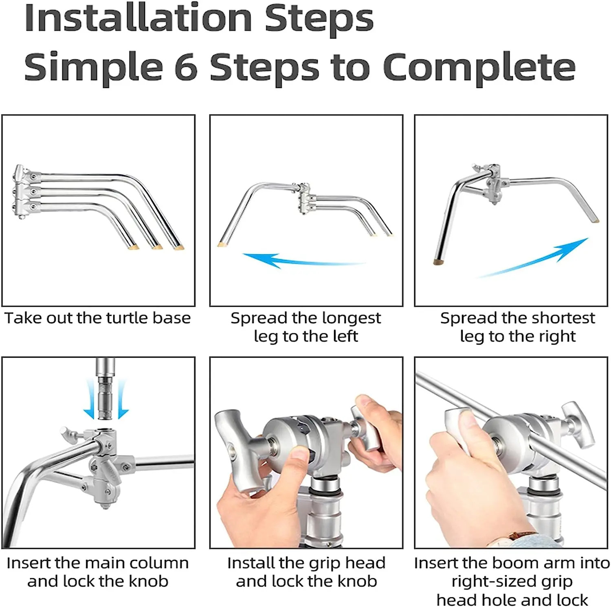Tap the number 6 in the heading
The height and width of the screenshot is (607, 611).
pos(187,67)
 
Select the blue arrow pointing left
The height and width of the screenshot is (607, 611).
pos(303,260)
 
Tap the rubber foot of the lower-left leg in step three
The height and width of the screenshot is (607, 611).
pos(439,262)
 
